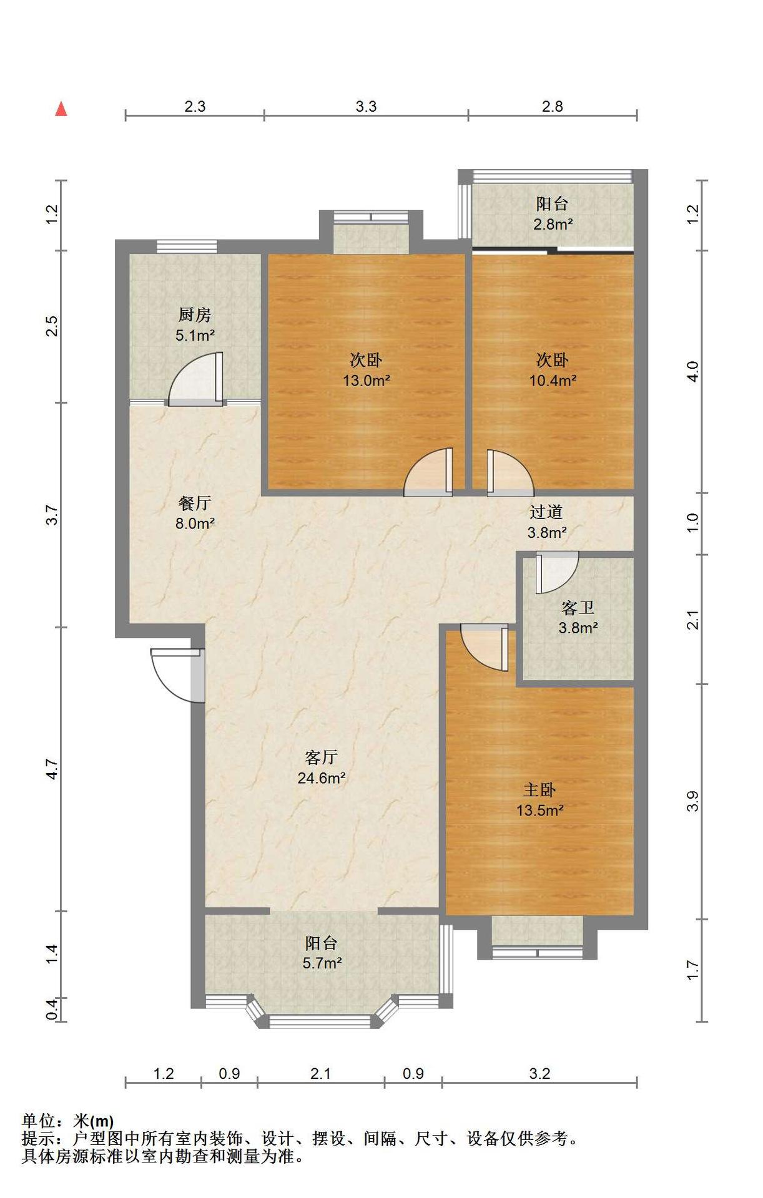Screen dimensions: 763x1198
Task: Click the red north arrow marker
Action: [61, 109]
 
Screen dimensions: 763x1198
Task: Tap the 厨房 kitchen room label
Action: [195, 315]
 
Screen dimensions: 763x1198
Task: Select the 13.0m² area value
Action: [367, 380]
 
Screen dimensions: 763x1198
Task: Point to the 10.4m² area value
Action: [553, 380]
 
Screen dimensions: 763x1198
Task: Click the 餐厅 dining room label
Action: [195, 503]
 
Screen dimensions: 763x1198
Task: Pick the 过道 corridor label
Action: [546, 512]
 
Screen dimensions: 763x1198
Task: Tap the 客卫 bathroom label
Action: [578, 607]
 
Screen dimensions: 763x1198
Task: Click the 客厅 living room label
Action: [322, 757]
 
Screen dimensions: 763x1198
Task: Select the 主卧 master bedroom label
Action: [539, 790]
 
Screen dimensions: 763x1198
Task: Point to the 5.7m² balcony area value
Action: [322, 963]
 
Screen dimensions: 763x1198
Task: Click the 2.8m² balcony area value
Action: [553, 224]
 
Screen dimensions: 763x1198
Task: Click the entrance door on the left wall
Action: [178, 675]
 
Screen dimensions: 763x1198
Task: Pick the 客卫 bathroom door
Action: [557, 572]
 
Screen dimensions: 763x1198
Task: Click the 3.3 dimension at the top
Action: [367, 107]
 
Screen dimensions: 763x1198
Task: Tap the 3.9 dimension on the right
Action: [692, 802]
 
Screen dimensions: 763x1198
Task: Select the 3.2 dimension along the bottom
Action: [539, 1074]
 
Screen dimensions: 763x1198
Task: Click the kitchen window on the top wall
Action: [187, 246]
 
